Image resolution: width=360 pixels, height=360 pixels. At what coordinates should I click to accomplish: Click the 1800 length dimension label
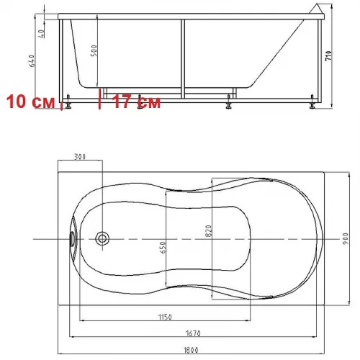pos(191,350)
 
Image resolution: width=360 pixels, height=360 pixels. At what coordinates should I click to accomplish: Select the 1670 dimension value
pos(193,333)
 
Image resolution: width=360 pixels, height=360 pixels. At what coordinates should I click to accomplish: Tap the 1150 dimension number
pos(165,317)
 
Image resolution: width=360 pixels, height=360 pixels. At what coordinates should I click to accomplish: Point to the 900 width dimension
pos(345,238)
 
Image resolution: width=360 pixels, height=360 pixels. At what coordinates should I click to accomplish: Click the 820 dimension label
pos(209,231)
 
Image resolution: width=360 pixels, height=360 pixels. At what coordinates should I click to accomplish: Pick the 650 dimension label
pos(163,248)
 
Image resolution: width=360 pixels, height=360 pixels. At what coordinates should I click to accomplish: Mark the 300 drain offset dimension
pos(80,157)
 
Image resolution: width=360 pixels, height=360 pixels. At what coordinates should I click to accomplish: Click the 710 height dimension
pos(328,55)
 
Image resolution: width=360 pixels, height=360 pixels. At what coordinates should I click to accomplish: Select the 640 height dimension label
pos(32,60)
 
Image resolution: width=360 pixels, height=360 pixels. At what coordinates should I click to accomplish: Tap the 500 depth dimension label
pos(94,50)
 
